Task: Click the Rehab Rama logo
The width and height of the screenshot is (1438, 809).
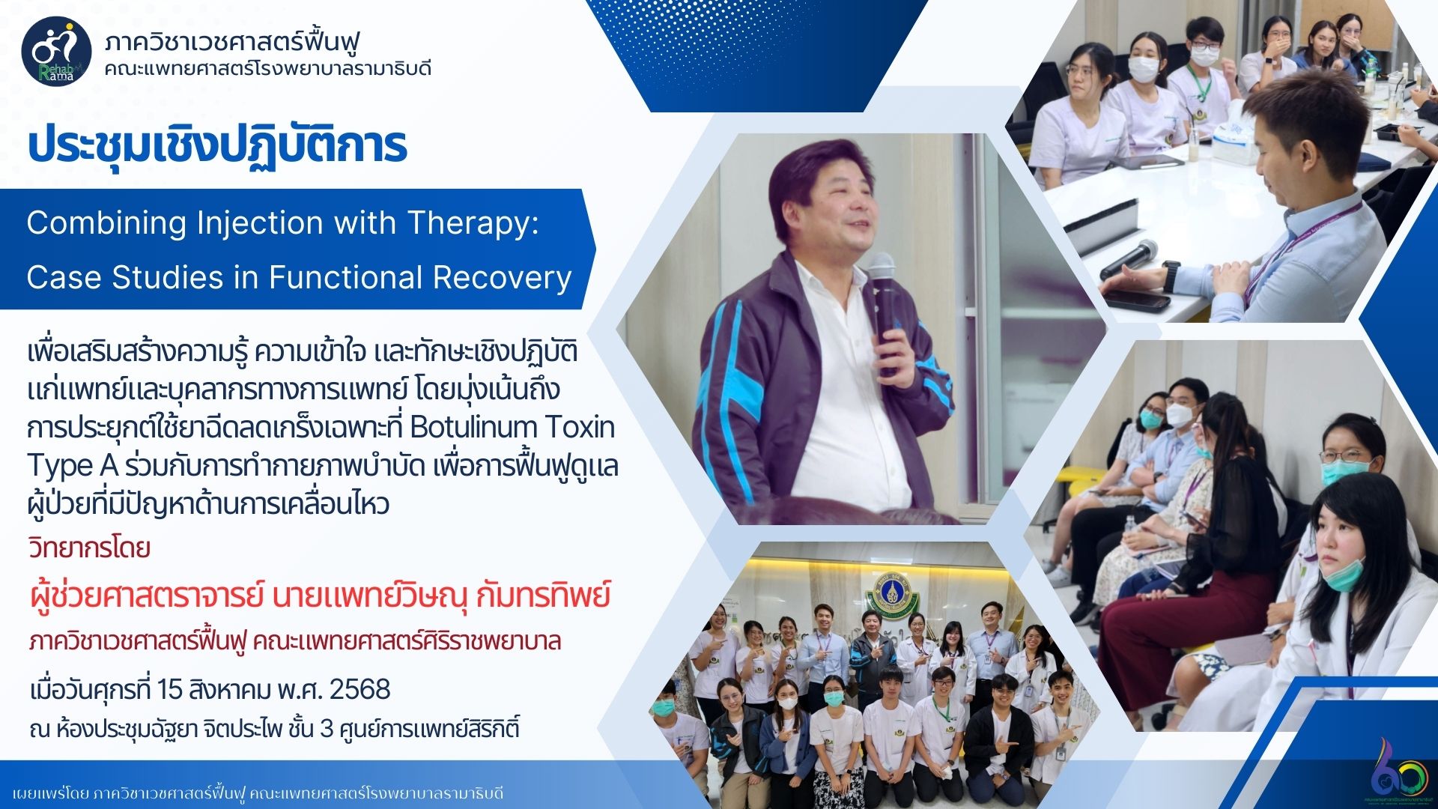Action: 57,52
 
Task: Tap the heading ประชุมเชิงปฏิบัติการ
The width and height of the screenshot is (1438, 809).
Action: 217,145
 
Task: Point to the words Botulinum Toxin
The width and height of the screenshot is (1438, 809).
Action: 512,427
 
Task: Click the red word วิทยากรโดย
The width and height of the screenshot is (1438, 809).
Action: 89,548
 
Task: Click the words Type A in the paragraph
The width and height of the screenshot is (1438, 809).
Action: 72,466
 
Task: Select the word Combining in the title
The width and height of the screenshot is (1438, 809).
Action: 106,223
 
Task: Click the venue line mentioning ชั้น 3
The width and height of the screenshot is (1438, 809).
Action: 274,728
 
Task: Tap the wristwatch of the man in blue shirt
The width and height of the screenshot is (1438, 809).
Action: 1172,276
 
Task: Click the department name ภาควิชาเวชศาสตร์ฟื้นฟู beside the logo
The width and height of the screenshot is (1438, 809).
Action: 232,40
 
